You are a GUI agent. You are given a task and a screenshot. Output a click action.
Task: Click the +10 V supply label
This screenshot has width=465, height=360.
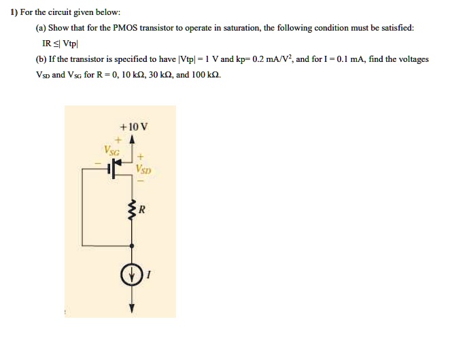tap(133, 127)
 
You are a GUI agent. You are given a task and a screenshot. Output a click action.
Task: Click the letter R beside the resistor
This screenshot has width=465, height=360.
tap(142, 210)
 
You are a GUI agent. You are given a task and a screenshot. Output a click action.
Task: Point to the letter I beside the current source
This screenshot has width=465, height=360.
tap(149, 275)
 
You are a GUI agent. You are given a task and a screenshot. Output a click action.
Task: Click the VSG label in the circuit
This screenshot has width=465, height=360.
tap(111, 150)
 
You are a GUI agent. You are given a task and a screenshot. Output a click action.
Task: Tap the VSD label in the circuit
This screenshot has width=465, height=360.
tap(143, 169)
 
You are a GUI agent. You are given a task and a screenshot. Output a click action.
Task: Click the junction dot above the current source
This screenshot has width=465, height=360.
tap(132, 246)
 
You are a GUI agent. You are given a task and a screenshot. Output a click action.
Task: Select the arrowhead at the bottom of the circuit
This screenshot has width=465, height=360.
tap(132, 309)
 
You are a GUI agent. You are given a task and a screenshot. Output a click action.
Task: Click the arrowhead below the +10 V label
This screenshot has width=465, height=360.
tap(133, 140)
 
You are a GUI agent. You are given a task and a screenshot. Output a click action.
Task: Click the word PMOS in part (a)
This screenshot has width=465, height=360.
tap(126, 28)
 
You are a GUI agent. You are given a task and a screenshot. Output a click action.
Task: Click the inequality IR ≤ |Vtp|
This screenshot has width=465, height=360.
tap(61, 44)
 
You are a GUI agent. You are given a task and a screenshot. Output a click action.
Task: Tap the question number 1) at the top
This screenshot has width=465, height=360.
tap(14, 12)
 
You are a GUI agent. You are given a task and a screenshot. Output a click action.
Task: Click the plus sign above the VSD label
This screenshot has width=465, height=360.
tap(141, 156)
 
